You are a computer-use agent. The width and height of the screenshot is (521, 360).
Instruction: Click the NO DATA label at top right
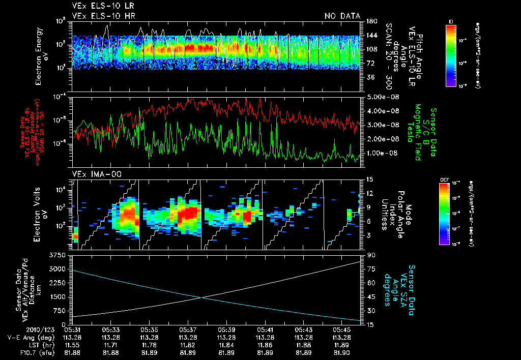(342, 16)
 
